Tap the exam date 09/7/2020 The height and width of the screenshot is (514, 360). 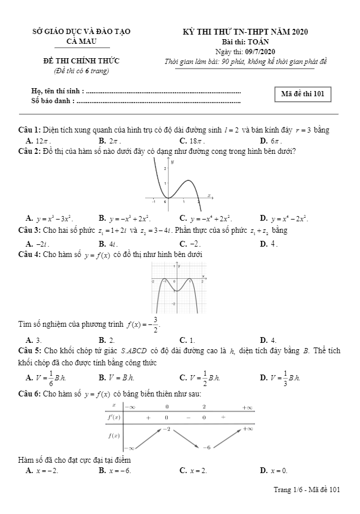260,52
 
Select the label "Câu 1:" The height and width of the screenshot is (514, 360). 29,130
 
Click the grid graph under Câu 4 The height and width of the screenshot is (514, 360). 179,287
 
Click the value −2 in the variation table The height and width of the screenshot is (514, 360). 166,429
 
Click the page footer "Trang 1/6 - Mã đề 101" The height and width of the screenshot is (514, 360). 307,490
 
